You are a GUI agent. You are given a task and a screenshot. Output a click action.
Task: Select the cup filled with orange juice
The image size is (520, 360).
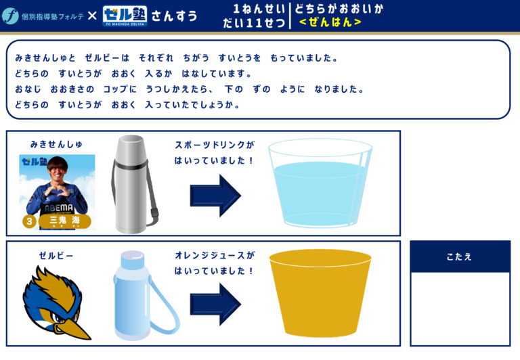tap(320, 293)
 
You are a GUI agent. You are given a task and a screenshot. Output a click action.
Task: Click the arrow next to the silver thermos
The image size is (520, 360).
tap(215, 196)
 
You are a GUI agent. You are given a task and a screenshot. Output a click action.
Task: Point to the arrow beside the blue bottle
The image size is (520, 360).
tap(215, 304)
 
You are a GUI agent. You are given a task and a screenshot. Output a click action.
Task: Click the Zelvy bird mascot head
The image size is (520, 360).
tap(56, 303)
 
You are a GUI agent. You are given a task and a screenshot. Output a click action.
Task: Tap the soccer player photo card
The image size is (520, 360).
tap(57, 192)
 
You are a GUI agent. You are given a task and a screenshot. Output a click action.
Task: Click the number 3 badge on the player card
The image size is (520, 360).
tap(29, 221)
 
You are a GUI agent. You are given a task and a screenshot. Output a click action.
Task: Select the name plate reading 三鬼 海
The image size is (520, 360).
tap(65, 221)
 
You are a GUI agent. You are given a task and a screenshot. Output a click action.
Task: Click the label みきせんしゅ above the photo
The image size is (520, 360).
tap(56, 144)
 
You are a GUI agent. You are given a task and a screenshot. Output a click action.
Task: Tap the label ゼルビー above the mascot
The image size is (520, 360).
tap(56, 256)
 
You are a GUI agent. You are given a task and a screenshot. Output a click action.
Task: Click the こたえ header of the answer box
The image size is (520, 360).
tap(460, 256)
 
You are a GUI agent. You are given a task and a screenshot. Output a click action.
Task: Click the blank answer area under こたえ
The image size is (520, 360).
tap(460, 309)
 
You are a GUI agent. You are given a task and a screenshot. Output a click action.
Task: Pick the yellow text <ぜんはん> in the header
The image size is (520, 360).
tap(330, 22)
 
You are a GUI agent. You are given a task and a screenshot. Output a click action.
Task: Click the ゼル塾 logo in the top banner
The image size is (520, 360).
tap(125, 16)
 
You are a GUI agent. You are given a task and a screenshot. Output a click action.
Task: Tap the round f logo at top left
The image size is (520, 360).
tap(10, 16)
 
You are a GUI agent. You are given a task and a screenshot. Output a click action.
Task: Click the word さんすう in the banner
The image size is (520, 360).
tap(175, 16)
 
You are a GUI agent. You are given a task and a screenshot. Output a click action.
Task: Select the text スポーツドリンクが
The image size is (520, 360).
tap(215, 145)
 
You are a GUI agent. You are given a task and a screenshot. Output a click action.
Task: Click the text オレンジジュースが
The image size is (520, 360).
tap(215, 255)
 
